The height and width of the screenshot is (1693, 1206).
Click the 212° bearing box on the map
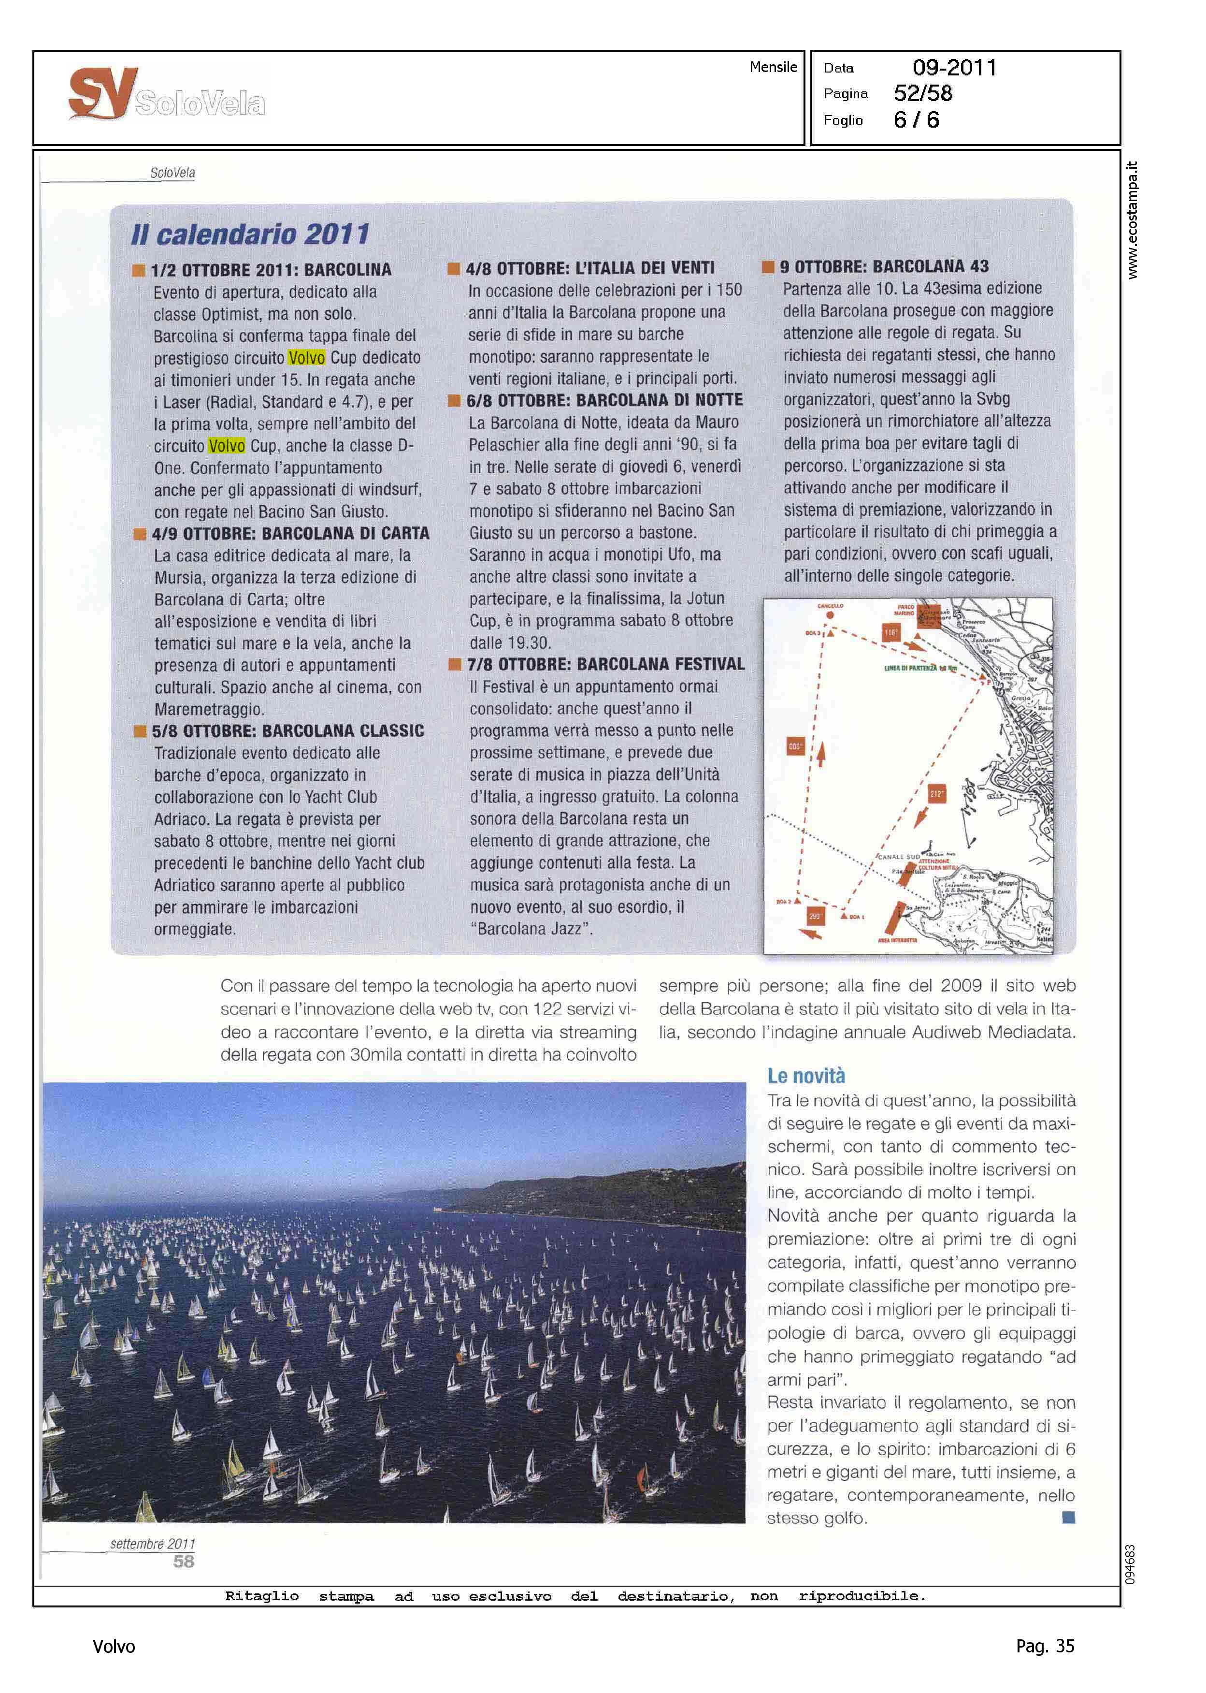[x=936, y=794]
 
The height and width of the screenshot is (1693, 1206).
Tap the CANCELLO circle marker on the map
[x=830, y=614]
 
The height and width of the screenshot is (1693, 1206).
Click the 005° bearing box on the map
[x=795, y=746]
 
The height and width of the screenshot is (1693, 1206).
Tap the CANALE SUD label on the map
[x=899, y=857]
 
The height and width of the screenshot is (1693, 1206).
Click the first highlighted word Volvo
[x=307, y=358]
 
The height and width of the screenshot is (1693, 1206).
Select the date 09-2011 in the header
[x=954, y=68]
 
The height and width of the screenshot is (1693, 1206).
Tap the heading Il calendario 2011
[x=250, y=234]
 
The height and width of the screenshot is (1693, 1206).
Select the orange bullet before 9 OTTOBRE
[x=769, y=267]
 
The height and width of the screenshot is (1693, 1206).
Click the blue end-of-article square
[x=1069, y=1517]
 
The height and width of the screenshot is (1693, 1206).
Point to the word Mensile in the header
[x=773, y=67]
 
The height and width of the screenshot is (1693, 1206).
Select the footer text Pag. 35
[x=1045, y=1646]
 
